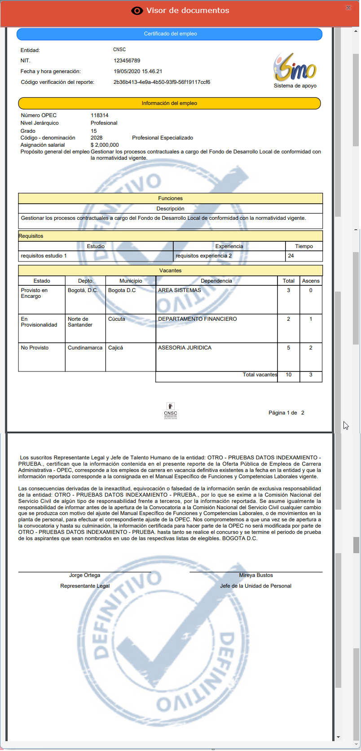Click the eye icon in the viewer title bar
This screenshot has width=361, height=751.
[x=137, y=11]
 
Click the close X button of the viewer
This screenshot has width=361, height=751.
[x=348, y=8]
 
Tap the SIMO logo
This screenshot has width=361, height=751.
[x=295, y=68]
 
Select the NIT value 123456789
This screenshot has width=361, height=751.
[x=127, y=61]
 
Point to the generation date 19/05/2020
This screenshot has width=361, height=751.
[x=127, y=71]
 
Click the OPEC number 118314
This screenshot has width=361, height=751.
[x=100, y=115]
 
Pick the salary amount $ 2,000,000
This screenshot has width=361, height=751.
[x=105, y=145]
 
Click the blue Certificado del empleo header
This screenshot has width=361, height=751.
[x=170, y=34]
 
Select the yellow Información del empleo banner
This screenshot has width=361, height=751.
[x=169, y=103]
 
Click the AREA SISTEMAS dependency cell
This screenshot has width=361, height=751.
[x=180, y=291]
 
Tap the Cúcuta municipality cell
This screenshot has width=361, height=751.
[x=117, y=319]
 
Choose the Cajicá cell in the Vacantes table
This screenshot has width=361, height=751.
[x=115, y=348]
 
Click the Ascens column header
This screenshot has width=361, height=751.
[x=311, y=281]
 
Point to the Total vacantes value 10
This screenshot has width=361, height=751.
[x=289, y=375]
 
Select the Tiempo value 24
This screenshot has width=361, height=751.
[x=291, y=256]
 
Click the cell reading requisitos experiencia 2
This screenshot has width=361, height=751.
[x=204, y=256]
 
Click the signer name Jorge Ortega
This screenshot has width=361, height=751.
[x=85, y=575]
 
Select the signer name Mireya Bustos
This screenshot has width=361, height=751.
[x=256, y=575]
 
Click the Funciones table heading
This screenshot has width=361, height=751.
[x=170, y=198]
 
